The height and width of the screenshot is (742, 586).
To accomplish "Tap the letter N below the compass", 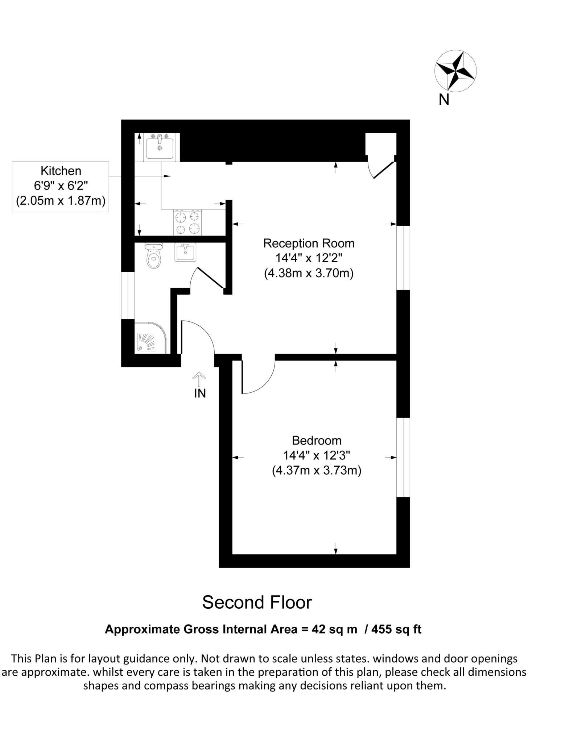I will pyautogui.click(x=444, y=100).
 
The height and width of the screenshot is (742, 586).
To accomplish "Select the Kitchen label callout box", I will pyautogui.click(x=61, y=186).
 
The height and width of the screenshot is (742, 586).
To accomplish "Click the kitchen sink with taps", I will pyautogui.click(x=160, y=147).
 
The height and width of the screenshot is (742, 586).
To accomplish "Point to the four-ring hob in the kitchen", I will pyautogui.click(x=188, y=222).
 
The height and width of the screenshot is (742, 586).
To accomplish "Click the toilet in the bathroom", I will pyautogui.click(x=154, y=256).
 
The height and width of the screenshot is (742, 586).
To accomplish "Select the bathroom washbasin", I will pyautogui.click(x=185, y=252).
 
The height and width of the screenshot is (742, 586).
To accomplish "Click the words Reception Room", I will pyautogui.click(x=309, y=243).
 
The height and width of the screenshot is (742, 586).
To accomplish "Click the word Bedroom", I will pyautogui.click(x=317, y=440).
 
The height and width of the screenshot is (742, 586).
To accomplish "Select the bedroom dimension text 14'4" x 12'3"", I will pyautogui.click(x=317, y=455).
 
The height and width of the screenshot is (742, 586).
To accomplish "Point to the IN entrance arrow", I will pyautogui.click(x=199, y=379).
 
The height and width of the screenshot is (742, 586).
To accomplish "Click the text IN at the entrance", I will pyautogui.click(x=200, y=393).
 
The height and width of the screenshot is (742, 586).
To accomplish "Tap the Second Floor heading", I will pyautogui.click(x=257, y=602).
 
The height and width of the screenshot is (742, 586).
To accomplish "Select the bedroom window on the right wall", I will pyautogui.click(x=403, y=457).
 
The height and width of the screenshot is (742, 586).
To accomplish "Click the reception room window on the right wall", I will pyautogui.click(x=403, y=258).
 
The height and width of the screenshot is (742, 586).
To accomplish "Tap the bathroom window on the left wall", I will pyautogui.click(x=128, y=295).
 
